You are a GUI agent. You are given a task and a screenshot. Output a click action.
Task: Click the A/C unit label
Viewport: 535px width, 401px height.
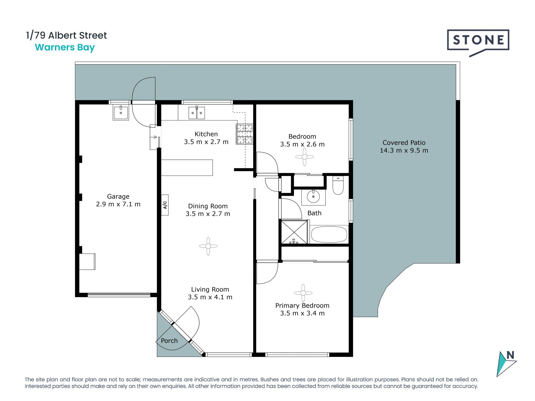coord(165,205)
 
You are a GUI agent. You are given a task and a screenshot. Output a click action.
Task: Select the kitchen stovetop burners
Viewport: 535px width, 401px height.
coord(245,134)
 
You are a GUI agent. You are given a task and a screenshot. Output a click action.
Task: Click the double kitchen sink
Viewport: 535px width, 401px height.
coord(197,113)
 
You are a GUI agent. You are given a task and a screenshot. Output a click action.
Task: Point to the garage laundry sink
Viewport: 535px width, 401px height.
coord(121,113)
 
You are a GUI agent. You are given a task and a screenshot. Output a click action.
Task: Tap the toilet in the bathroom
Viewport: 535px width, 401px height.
coord(338,185)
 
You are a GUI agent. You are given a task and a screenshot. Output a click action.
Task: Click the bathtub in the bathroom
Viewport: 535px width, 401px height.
coord(329,234)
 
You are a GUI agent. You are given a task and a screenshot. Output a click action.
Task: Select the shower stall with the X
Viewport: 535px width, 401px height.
coord(294,232)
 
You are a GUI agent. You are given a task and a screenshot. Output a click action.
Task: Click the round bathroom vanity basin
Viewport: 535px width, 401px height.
coord(313,197)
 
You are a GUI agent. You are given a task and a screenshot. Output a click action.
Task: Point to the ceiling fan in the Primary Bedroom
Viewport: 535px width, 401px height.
coord(303,293)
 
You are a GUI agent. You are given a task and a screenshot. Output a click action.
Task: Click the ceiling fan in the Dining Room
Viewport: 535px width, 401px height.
coord(208,246)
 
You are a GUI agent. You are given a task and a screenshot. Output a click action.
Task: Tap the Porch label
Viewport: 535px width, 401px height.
coord(169,341)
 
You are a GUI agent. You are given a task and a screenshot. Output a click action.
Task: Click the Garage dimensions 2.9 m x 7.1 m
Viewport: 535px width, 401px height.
coord(118,204)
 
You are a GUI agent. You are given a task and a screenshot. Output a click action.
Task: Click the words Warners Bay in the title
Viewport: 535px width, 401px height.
coord(65,48)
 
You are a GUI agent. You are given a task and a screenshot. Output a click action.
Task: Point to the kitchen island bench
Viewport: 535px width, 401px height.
coord(187,168)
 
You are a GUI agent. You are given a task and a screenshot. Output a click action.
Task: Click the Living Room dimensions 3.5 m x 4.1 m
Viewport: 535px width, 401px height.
coord(210,297)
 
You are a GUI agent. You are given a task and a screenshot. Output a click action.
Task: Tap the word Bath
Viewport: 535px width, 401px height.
coord(314,213)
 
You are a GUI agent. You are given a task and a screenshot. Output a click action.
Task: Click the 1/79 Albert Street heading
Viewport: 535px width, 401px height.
coord(66,35)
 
